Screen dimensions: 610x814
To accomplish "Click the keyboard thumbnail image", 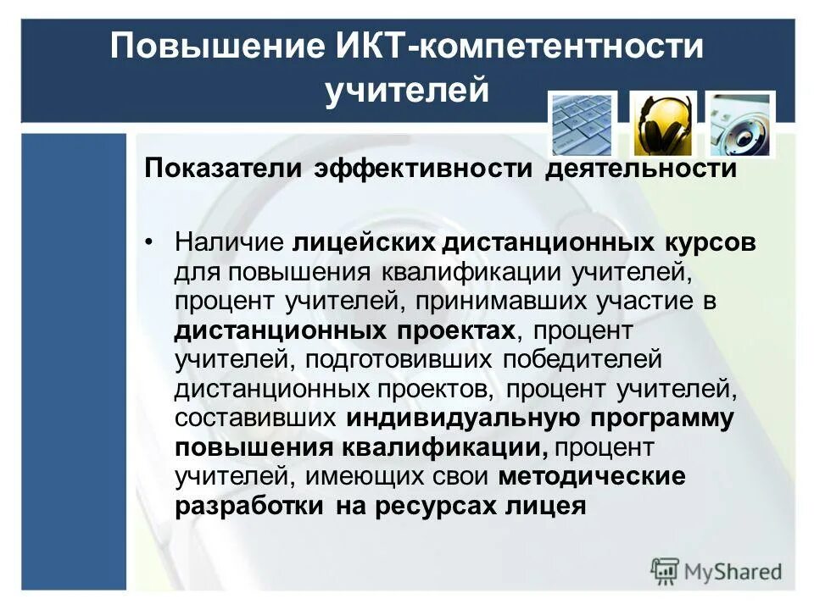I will pos(583,124).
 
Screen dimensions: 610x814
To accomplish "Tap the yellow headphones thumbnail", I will pos(663,124).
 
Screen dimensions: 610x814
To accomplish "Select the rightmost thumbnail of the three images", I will pos(740,124).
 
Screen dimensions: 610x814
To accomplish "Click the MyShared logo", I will pos(716,571).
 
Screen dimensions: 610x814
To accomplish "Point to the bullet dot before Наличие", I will pos(150,242).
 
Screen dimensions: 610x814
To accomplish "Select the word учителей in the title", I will pos(408,90).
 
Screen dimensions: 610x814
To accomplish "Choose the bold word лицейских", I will pos(364,242).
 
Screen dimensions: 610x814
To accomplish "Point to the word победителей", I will pos(582,359).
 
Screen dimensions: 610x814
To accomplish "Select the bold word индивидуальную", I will pos(463,419).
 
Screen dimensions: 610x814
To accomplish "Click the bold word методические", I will pos(591,477).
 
